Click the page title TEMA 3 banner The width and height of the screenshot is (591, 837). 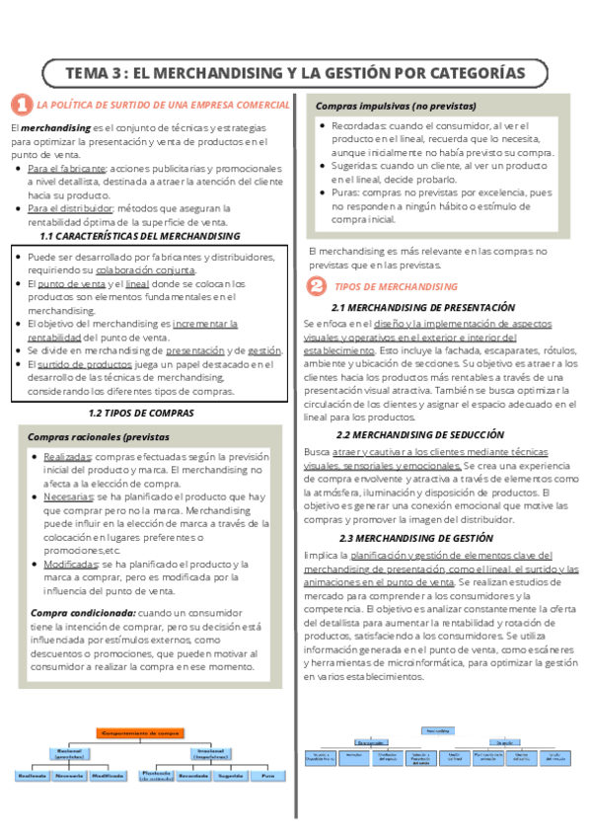(295, 73)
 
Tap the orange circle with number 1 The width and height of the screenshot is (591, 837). (21, 105)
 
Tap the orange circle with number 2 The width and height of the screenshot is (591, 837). (316, 286)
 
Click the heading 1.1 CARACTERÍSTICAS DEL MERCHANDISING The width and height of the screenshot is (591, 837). (147, 237)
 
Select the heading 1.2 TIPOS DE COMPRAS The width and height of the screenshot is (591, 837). (141, 413)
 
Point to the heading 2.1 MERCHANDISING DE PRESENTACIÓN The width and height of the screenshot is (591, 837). (424, 308)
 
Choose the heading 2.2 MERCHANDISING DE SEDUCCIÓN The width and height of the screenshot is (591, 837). (419, 434)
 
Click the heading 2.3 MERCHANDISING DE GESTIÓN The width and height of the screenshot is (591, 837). (416, 538)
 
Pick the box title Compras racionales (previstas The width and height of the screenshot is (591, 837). (98, 436)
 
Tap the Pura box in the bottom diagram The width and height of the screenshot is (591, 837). (267, 776)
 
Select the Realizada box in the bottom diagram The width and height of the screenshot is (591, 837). (32, 776)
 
